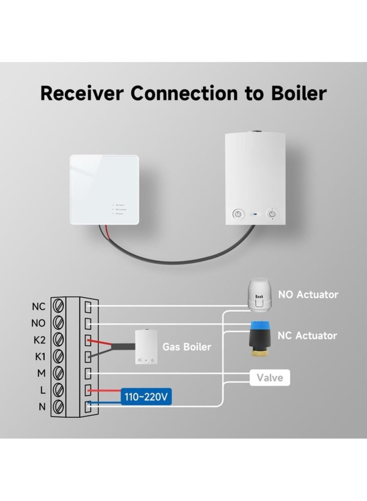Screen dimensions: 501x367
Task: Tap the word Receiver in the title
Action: (82, 93)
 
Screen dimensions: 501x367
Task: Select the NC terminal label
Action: (39, 305)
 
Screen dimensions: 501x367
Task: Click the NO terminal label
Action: (39, 323)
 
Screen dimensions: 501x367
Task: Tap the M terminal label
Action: (41, 373)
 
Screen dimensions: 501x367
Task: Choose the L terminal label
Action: (42, 390)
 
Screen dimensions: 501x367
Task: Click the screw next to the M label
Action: (58, 372)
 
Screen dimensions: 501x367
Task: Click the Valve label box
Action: (270, 378)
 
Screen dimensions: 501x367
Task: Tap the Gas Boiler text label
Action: (187, 346)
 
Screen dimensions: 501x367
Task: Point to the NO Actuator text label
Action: (308, 294)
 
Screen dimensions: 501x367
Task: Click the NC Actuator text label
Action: (307, 335)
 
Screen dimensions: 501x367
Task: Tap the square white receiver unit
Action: (104, 189)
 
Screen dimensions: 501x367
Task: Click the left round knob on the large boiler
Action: (238, 214)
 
